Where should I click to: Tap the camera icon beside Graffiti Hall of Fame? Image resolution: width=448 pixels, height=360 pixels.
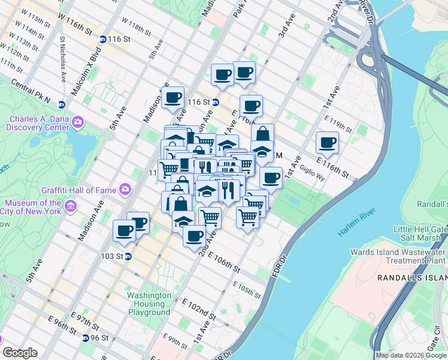click(125, 190)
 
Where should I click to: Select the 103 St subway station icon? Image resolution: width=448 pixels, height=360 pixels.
click(128, 256)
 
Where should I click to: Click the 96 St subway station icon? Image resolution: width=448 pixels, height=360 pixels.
click(86, 338)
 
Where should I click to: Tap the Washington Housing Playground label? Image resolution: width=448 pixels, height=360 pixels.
click(149, 304)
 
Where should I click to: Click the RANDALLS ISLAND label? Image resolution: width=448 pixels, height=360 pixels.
click(412, 278)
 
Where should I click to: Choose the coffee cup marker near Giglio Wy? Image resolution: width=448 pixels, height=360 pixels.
click(328, 143)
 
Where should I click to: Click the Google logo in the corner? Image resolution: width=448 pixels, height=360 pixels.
click(19, 353)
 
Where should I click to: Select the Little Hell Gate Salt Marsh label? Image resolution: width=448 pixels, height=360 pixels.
click(419, 234)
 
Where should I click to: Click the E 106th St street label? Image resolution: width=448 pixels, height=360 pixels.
click(224, 262)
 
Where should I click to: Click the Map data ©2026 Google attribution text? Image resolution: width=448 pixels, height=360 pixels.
click(411, 355)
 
